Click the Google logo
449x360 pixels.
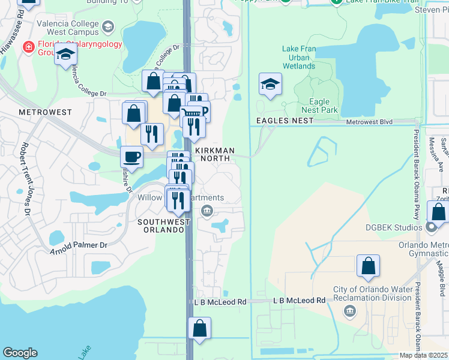coord(20,353)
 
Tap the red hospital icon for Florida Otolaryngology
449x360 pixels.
coord(28,47)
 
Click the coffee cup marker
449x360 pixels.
coord(131,157)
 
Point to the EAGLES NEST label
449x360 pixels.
coord(285,121)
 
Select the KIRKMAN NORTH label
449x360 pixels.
coord(213,153)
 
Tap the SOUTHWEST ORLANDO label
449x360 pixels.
coord(160,226)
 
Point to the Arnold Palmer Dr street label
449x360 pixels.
coord(78,247)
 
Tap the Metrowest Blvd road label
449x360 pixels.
coord(369,122)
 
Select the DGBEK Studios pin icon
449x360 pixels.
coord(430,227)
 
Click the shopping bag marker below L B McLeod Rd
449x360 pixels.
coord(199,328)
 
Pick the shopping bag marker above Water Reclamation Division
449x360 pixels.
coord(368,266)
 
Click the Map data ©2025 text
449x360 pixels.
coord(424,355)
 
